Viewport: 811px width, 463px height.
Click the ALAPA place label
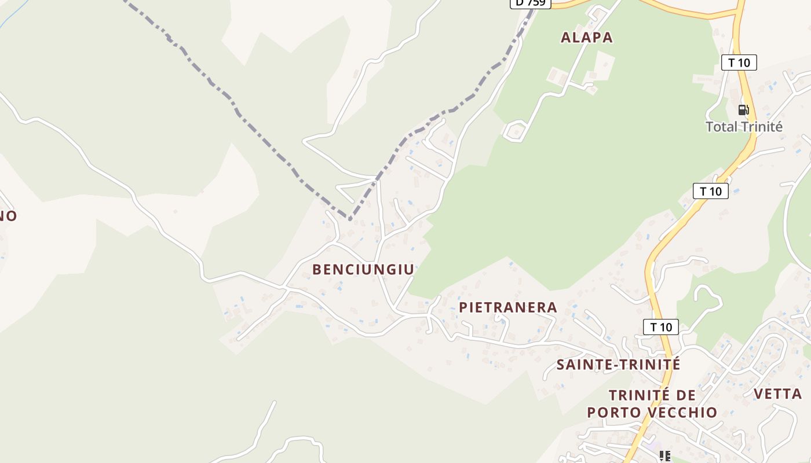[x=587, y=38]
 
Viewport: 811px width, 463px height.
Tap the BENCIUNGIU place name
[x=363, y=270]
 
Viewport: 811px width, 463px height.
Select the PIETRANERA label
[x=508, y=307]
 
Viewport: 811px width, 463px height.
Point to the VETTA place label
[x=777, y=394]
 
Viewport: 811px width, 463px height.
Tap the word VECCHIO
[x=688, y=413]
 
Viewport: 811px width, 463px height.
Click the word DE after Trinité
[x=686, y=395]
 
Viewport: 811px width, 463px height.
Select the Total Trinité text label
[x=744, y=127]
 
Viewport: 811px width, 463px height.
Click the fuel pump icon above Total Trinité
[x=743, y=109]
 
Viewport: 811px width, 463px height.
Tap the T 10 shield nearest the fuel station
[x=739, y=63]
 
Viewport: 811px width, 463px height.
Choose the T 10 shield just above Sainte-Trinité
[x=661, y=327]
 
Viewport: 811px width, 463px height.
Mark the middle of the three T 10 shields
[x=711, y=191]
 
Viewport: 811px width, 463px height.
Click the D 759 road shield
[x=530, y=3]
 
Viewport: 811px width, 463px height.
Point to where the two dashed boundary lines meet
[x=349, y=219]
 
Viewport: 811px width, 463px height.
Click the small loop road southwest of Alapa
[x=514, y=131]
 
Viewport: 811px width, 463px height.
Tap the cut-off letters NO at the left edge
[x=8, y=216]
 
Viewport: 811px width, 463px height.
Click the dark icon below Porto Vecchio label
[x=665, y=456]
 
